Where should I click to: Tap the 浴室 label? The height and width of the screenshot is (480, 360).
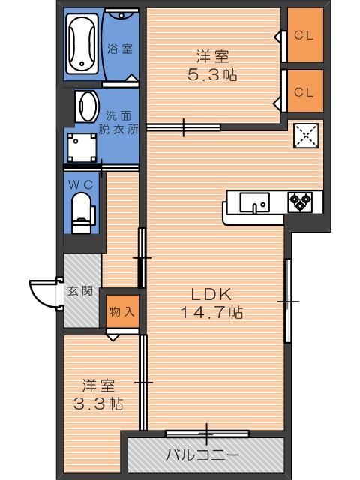point(120,49)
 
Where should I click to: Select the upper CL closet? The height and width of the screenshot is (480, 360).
point(303,34)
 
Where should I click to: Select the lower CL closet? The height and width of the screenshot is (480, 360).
point(303,91)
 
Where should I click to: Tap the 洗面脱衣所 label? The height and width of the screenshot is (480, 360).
point(121,122)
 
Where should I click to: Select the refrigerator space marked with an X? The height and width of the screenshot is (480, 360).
point(307,136)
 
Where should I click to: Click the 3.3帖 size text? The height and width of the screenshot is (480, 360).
point(98,403)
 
